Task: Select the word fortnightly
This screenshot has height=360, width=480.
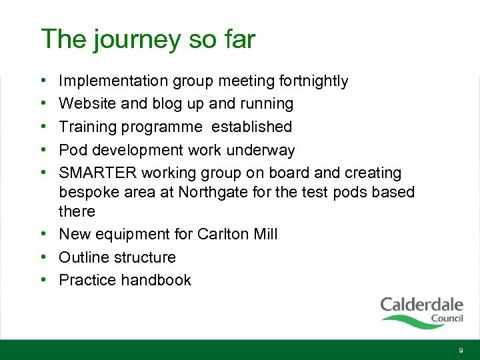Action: (316, 81)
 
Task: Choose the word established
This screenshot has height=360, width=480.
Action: (252, 127)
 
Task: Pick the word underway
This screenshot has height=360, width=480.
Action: (262, 150)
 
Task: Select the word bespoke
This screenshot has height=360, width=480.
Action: (89, 193)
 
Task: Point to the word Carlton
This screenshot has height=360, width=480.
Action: (222, 235)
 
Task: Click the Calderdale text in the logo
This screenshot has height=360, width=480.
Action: (421, 305)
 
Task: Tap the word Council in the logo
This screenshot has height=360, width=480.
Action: (447, 319)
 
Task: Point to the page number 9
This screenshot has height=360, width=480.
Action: (460, 351)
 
